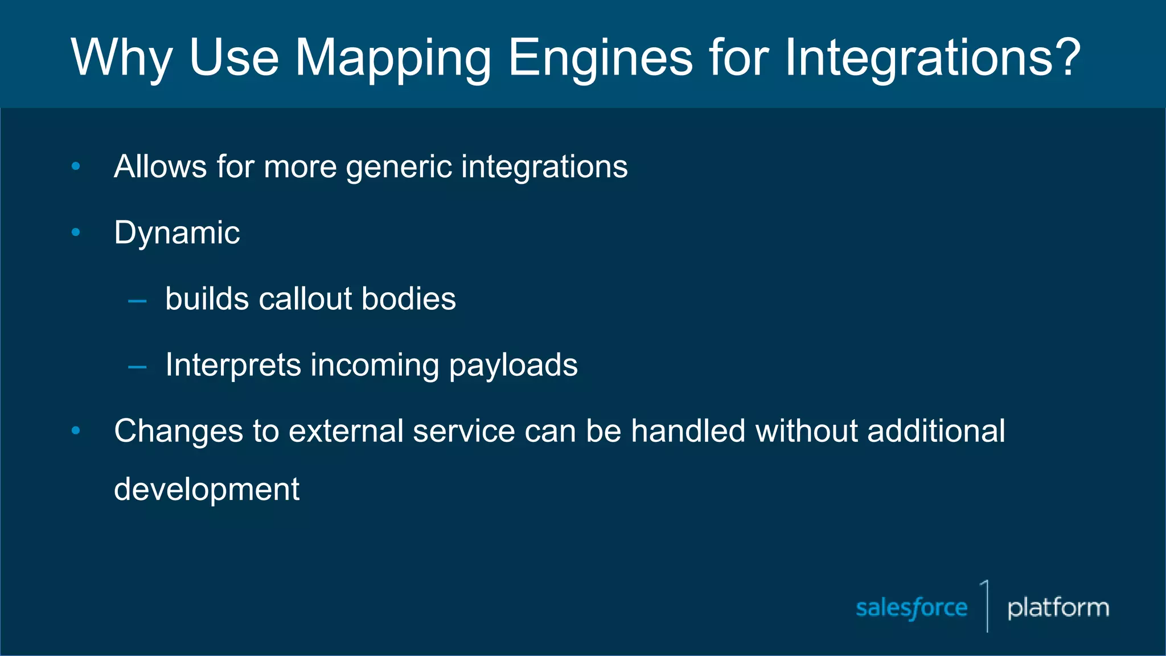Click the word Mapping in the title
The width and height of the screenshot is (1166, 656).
pyautogui.click(x=392, y=58)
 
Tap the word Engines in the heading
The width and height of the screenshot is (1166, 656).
pyautogui.click(x=600, y=58)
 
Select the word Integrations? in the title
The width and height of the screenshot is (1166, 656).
pyautogui.click(x=932, y=58)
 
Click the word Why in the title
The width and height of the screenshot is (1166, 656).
pyautogui.click(x=121, y=58)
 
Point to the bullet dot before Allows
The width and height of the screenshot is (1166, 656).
pyautogui.click(x=76, y=166)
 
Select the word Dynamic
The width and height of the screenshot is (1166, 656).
pyautogui.click(x=176, y=233)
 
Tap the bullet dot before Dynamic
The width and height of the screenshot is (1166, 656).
pyautogui.click(x=76, y=232)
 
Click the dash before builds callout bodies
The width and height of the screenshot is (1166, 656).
pyautogui.click(x=137, y=301)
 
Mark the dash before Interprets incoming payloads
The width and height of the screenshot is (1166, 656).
pyautogui.click(x=137, y=367)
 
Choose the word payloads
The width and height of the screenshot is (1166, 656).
pyautogui.click(x=513, y=366)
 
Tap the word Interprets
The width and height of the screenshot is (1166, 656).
pyautogui.click(x=233, y=365)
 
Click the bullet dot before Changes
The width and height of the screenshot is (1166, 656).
pyautogui.click(x=76, y=430)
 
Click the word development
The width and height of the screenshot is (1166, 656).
pyautogui.click(x=206, y=489)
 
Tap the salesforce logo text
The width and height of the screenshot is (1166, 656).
pyautogui.click(x=912, y=608)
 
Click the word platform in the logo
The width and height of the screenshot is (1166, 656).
pyautogui.click(x=1058, y=608)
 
